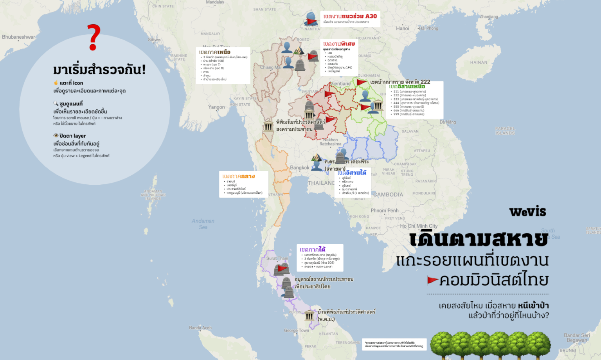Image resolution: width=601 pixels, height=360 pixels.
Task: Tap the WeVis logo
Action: (527, 212)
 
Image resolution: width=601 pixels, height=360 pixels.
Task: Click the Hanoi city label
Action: (402, 28)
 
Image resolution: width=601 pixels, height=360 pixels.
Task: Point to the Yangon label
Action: (216, 107)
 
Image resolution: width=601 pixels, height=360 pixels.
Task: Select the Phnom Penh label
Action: (384, 211)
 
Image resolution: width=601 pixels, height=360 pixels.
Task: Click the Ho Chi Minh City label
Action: (419, 226)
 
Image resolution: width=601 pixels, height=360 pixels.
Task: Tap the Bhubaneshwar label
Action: (18, 37)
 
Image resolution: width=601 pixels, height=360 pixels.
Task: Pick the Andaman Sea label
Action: (203, 224)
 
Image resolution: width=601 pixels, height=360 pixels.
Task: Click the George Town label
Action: (296, 330)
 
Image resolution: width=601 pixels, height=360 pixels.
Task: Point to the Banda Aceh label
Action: (200, 328)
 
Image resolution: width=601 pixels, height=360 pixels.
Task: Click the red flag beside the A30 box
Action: (312, 21)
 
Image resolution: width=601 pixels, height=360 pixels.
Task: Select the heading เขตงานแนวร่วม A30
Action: (350, 16)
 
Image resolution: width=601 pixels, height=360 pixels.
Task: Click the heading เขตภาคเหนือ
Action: (214, 52)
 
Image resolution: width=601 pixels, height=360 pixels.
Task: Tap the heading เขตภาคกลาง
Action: (238, 176)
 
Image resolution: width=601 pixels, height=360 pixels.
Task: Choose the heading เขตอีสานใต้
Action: (352, 173)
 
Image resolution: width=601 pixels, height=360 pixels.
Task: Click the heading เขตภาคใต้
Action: (312, 249)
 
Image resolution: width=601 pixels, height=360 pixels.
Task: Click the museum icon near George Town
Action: (309, 315)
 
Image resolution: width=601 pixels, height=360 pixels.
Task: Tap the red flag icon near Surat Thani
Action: (283, 268)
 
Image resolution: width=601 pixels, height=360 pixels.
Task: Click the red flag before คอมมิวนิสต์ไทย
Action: (432, 280)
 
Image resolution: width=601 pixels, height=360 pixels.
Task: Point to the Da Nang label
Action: (448, 122)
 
